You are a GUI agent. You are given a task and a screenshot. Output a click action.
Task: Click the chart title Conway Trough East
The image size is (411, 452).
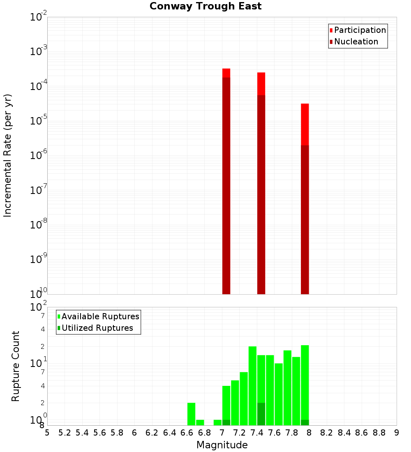click(205, 6)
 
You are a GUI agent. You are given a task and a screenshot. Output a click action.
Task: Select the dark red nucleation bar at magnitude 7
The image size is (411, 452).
click(226, 185)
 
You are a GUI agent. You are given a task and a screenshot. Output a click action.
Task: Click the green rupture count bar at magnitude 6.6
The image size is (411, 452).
click(191, 414)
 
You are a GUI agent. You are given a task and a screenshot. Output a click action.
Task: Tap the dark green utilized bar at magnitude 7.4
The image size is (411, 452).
click(261, 414)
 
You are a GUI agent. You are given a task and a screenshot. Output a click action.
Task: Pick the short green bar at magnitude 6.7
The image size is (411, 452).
click(200, 422)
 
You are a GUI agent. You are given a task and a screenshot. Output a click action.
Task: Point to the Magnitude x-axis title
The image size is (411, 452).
click(222, 445)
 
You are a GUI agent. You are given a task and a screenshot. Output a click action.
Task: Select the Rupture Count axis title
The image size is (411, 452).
click(16, 366)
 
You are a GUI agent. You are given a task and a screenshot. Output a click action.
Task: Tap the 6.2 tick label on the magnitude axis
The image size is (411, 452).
click(152, 433)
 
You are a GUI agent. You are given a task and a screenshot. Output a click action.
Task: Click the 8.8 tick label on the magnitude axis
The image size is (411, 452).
click(379, 433)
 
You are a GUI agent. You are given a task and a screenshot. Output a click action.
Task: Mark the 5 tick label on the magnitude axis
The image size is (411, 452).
click(47, 433)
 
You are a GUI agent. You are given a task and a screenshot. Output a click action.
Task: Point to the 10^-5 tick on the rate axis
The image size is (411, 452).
click(39, 121)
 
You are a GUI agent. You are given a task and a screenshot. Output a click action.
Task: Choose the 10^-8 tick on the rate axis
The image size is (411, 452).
click(39, 225)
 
